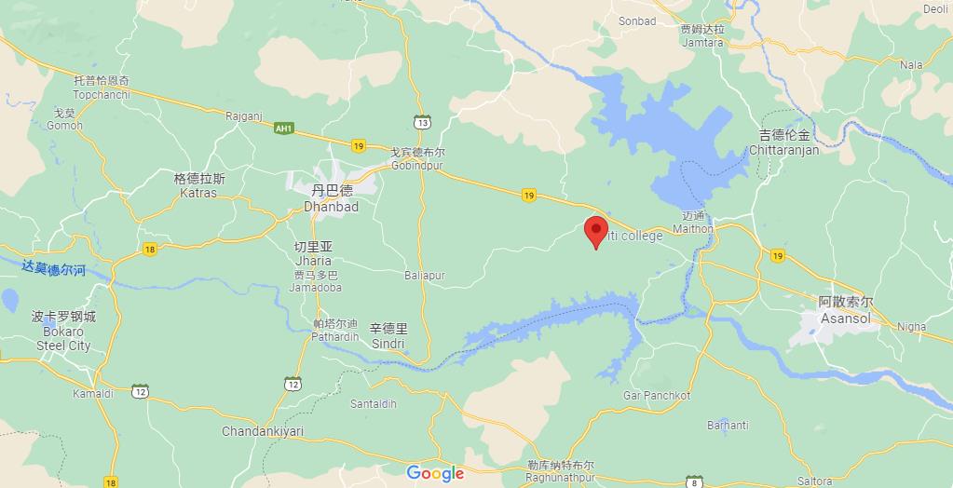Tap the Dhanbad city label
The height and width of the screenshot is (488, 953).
pos(331,198)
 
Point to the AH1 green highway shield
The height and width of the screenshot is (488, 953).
pos(284,128)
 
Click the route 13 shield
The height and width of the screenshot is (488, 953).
pos(423,122)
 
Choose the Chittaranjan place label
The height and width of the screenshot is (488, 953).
pos(783,142)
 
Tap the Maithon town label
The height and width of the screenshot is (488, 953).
pos(692,222)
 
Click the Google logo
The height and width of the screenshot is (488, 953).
pos(435,473)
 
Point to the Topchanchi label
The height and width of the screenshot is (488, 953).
pos(102,88)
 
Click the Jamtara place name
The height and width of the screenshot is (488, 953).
pos(702,36)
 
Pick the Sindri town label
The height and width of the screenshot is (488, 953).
pos(388,336)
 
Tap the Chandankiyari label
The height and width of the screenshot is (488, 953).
pos(263,431)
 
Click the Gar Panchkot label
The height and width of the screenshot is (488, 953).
pos(657,396)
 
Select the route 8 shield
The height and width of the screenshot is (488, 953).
pos(693,481)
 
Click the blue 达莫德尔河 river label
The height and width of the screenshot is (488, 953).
pos(54,268)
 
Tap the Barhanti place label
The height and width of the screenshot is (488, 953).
pos(728,426)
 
